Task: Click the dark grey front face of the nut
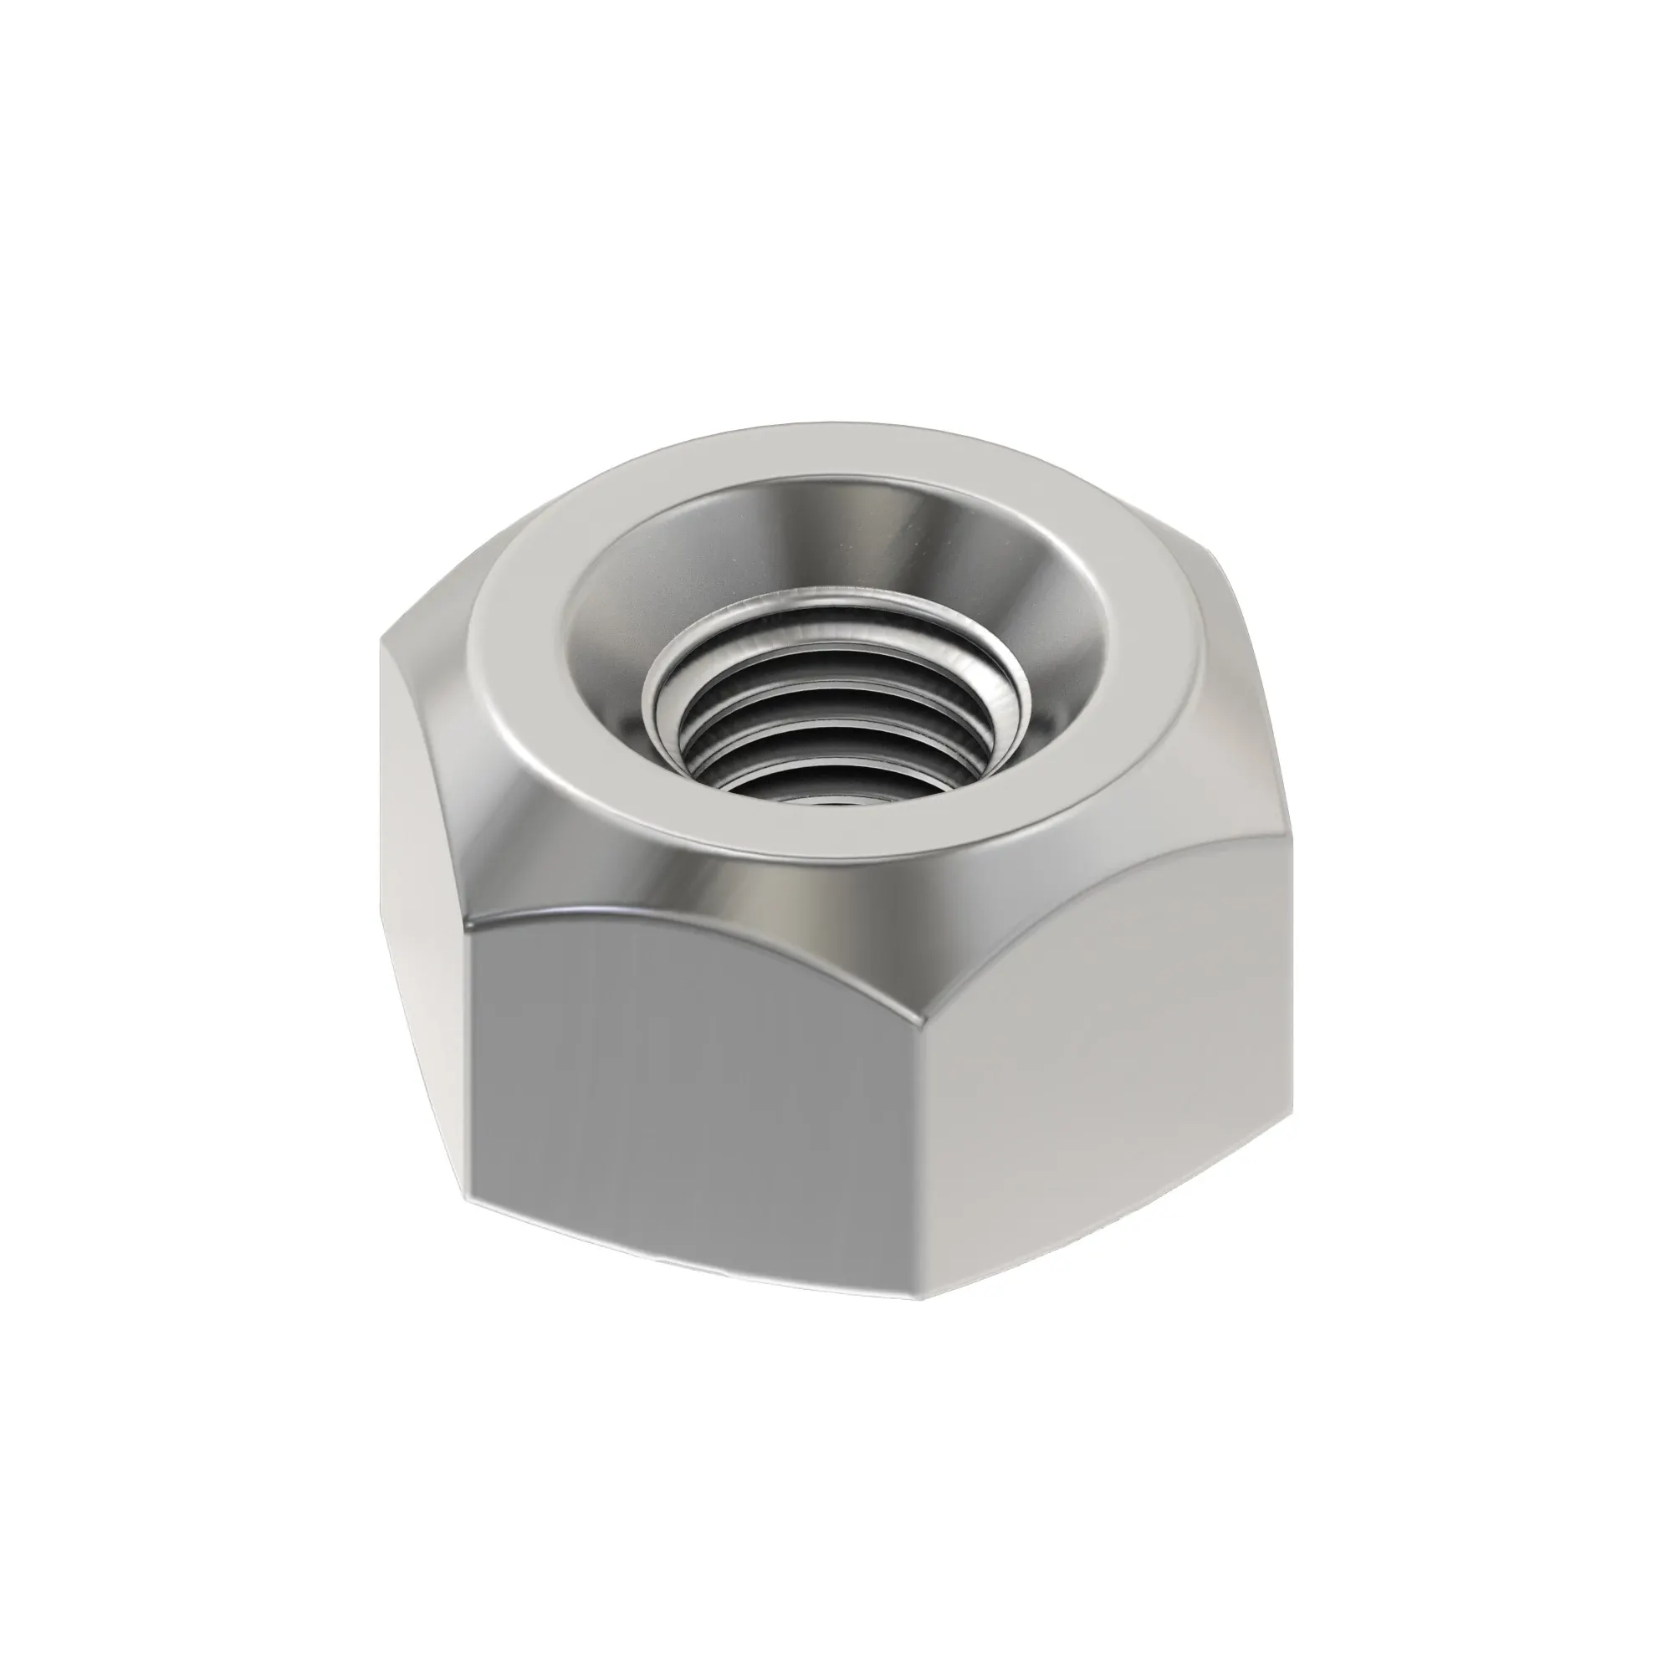point(693,1082)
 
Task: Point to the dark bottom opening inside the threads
point(806,792)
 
